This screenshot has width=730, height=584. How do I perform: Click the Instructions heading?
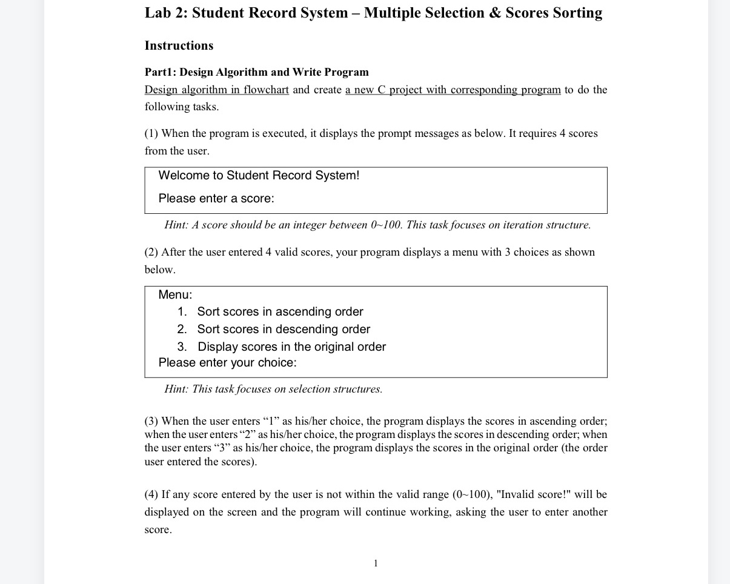click(x=179, y=46)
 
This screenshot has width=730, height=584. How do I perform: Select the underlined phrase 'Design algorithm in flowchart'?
click(x=216, y=90)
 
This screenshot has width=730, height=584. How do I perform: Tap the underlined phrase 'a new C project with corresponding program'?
click(x=453, y=90)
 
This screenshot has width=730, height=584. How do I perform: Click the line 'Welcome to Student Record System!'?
click(x=259, y=176)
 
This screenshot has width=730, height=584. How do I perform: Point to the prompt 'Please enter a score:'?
click(x=216, y=199)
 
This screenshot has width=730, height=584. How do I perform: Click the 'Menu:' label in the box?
click(x=175, y=295)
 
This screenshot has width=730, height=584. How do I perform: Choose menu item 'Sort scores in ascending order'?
click(x=280, y=312)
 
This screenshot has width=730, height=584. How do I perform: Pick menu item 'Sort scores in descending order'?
click(x=284, y=330)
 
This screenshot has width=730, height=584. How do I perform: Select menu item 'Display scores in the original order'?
click(x=291, y=347)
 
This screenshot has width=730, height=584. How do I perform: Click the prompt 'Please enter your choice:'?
click(x=227, y=363)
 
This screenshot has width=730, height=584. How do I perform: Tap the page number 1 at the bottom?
click(x=376, y=563)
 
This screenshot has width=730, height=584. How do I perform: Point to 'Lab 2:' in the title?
click(x=166, y=13)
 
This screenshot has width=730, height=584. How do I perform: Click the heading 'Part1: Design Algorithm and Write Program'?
click(x=256, y=73)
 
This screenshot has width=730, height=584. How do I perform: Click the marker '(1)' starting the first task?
click(x=151, y=134)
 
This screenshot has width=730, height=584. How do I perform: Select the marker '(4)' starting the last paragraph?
click(x=151, y=495)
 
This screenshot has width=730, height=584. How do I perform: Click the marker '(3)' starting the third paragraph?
click(x=151, y=422)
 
